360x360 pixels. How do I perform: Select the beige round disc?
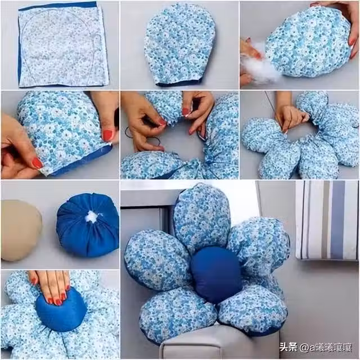(x=20, y=231)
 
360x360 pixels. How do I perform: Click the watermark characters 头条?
(x=289, y=346)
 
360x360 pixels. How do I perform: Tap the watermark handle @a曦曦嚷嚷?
(x=326, y=347)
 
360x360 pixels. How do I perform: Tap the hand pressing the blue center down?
(x=52, y=286)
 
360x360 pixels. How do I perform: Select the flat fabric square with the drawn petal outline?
(x=62, y=45)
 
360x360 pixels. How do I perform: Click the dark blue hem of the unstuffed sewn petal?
(x=179, y=83)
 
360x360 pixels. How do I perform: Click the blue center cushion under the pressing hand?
(x=61, y=310)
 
